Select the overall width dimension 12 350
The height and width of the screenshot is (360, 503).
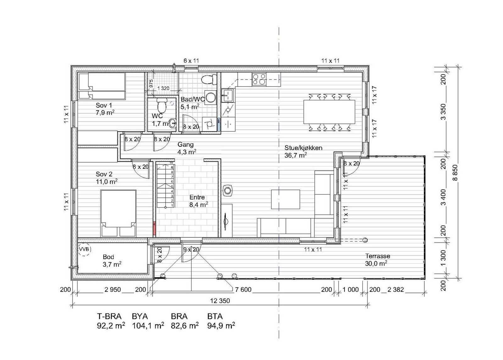tap(220, 301)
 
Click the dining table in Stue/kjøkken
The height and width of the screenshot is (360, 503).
tap(329, 112)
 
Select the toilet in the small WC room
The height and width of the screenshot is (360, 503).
tap(162, 106)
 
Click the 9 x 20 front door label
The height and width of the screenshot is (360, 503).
tap(191, 249)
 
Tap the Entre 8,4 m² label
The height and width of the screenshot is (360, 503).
tap(198, 201)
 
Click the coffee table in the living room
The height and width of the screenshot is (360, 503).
tap(285, 199)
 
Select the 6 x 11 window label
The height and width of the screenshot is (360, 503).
tap(191, 61)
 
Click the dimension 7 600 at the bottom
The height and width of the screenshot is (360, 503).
tap(243, 290)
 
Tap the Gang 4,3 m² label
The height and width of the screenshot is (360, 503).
tap(186, 148)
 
